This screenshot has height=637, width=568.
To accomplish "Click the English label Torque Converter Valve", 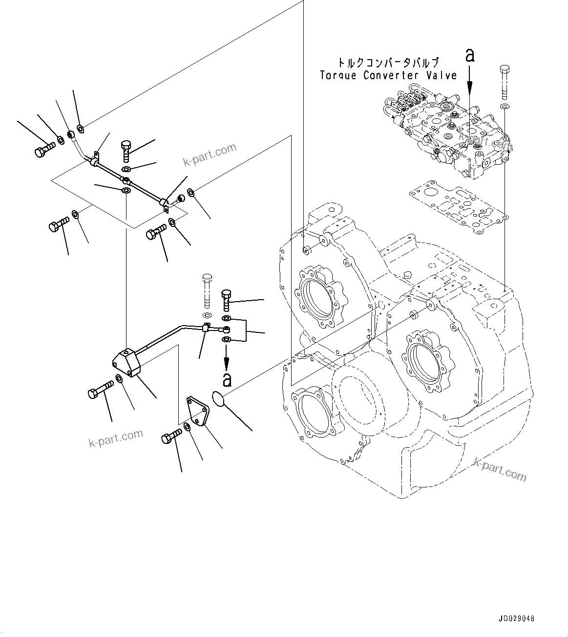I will [x=388, y=75].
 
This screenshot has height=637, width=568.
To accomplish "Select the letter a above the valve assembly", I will [x=470, y=56].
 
